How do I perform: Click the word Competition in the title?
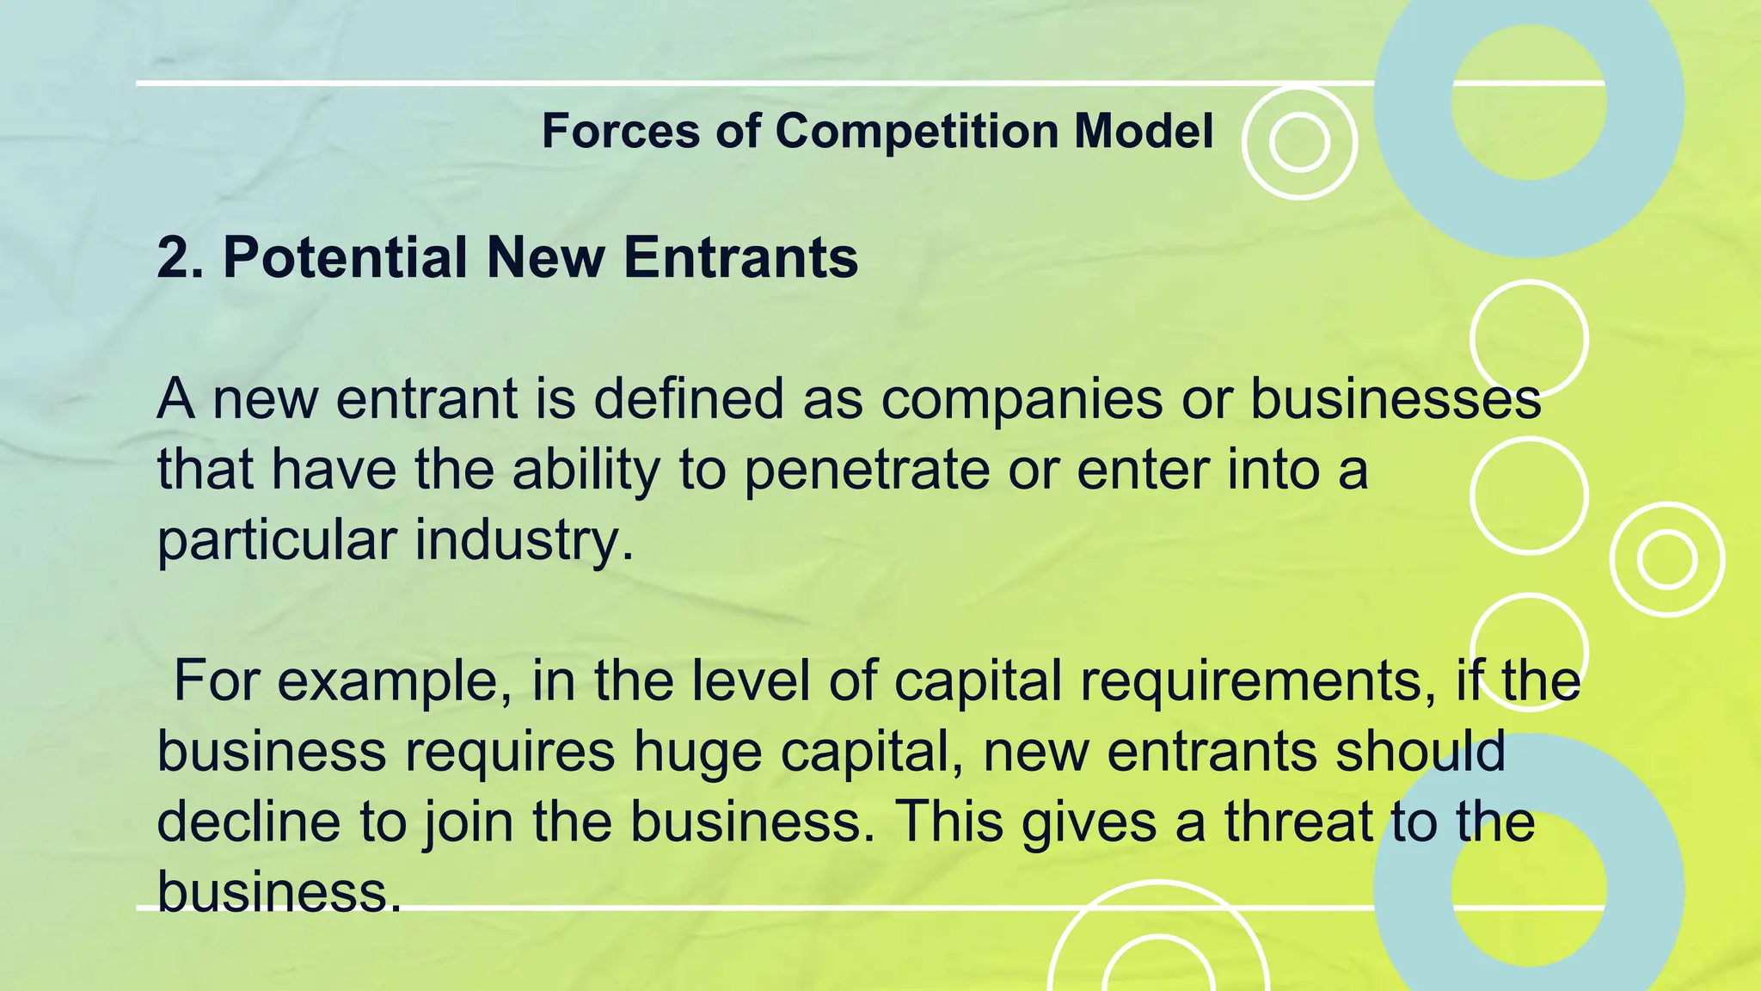[916, 132]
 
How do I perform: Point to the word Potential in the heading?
[345, 257]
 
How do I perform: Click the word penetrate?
[867, 471]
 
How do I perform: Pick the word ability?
[586, 471]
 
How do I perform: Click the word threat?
[1298, 821]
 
